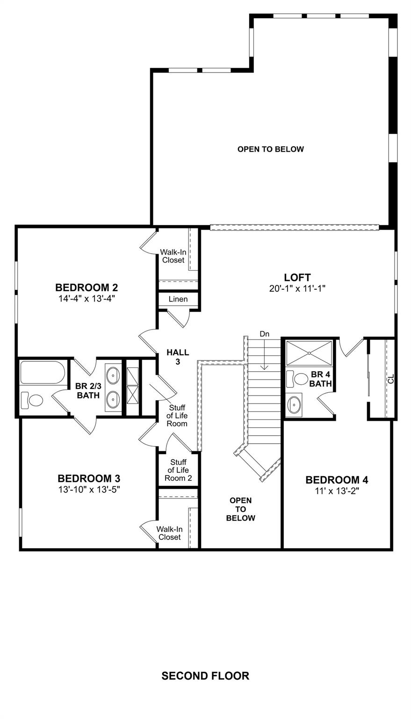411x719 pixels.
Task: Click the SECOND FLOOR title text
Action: (205, 675)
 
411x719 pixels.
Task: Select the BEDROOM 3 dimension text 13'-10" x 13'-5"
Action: (89, 489)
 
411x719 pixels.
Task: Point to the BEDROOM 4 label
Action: (337, 480)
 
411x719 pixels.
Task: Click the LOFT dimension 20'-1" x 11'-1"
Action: (297, 289)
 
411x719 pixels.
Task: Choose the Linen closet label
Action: (178, 299)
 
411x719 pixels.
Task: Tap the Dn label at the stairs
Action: (265, 334)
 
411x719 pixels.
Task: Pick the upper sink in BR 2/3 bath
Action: (113, 374)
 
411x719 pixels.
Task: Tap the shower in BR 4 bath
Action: (310, 352)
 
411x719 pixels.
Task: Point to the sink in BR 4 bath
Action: (295, 404)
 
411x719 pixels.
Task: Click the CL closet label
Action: (391, 378)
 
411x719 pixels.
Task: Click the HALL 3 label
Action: (178, 357)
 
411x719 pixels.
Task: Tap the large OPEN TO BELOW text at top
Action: (271, 149)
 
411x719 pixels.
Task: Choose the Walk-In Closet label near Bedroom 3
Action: (169, 533)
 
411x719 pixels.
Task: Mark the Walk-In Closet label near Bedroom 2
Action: (173, 256)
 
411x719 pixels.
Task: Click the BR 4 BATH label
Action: (321, 379)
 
